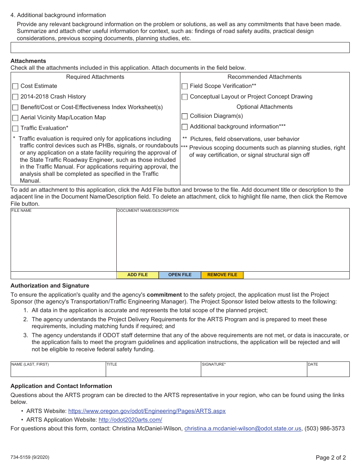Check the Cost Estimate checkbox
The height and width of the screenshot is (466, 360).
pyautogui.click(x=15, y=86)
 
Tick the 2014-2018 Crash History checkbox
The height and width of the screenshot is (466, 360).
pyautogui.click(x=15, y=97)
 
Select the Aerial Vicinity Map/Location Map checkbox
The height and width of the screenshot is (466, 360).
pyautogui.click(x=15, y=118)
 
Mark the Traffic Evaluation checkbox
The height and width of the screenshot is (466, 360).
pyautogui.click(x=15, y=128)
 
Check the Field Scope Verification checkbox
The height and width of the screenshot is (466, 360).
pyautogui.click(x=185, y=86)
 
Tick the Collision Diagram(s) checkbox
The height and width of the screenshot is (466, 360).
pyautogui.click(x=185, y=116)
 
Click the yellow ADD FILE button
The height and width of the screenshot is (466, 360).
pyautogui.click(x=138, y=275)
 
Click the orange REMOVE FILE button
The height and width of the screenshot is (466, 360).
pyautogui.click(x=222, y=275)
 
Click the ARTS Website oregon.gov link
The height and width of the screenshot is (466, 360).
pyautogui.click(x=147, y=411)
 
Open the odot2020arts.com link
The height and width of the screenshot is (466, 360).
pyautogui.click(x=130, y=420)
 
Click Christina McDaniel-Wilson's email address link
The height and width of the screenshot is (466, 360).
pyautogui.click(x=243, y=428)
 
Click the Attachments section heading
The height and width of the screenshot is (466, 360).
pyautogui.click(x=28, y=61)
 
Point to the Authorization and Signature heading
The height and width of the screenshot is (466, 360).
pyautogui.click(x=50, y=286)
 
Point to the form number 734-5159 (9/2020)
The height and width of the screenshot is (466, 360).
pyautogui.click(x=30, y=457)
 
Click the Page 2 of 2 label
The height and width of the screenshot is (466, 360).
pyautogui.click(x=331, y=457)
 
